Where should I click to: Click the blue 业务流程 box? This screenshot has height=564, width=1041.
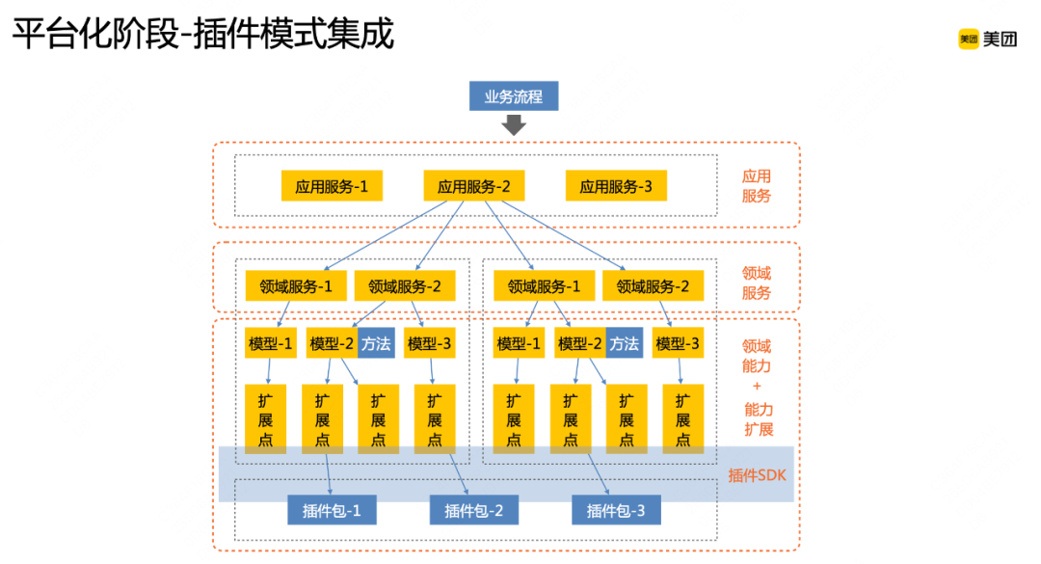pyautogui.click(x=513, y=96)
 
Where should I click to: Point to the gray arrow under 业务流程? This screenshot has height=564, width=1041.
pyautogui.click(x=514, y=124)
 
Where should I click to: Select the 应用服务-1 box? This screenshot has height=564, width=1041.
pyautogui.click(x=332, y=186)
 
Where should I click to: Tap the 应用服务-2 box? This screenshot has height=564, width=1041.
pyautogui.click(x=473, y=186)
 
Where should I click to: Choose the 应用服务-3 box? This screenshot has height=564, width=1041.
pyautogui.click(x=615, y=186)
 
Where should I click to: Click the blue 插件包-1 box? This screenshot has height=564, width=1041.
pyautogui.click(x=332, y=510)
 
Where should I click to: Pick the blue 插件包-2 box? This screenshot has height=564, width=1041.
pyautogui.click(x=473, y=510)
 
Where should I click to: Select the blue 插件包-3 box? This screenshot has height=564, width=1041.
pyautogui.click(x=616, y=510)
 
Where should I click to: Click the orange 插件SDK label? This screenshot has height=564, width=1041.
pyautogui.click(x=757, y=474)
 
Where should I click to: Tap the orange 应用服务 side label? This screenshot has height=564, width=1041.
pyautogui.click(x=757, y=186)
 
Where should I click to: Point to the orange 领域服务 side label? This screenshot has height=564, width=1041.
pyautogui.click(x=757, y=282)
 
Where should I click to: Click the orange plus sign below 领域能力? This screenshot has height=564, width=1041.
pyautogui.click(x=757, y=388)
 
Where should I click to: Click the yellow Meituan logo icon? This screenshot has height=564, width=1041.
pyautogui.click(x=968, y=39)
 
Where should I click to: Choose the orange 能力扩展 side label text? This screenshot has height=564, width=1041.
pyautogui.click(x=757, y=419)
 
